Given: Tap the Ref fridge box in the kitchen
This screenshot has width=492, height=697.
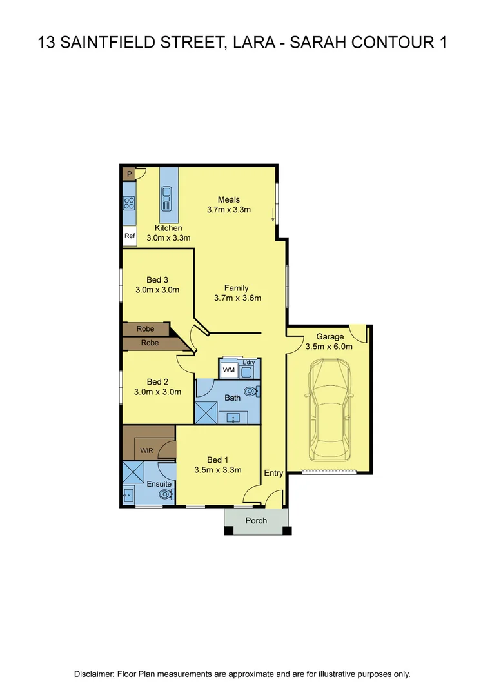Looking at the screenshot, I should point(130,236).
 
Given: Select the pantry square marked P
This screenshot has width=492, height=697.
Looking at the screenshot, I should point(129,174).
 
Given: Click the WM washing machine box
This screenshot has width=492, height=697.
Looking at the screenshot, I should point(228,370).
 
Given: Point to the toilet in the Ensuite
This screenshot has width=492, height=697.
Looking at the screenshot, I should point(166,494).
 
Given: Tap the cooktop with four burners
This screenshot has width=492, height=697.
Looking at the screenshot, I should point(129,204).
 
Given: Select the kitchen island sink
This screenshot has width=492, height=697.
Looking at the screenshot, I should point(168,199).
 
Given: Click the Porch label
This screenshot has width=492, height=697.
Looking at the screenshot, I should point(256,521).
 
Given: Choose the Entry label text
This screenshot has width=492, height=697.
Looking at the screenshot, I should point(273,473).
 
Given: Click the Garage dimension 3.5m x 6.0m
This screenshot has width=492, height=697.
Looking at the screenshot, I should point(329,347).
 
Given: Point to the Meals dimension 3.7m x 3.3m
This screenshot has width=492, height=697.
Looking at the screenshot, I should point(228,210).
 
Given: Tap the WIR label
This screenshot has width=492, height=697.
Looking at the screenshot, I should point(146,450).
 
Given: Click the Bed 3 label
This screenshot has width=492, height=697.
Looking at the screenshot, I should point(157,279).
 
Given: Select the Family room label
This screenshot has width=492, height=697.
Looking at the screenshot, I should point(236,288).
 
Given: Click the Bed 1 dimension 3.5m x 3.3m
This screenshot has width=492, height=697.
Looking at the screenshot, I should point(217,470).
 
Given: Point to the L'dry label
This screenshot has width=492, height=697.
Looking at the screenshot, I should point(250,363).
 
